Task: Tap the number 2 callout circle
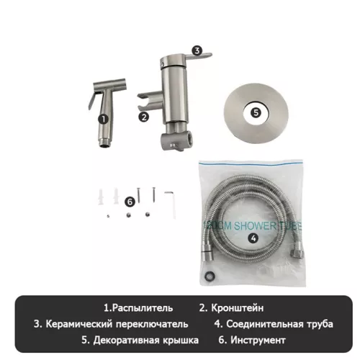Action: click(x=144, y=116)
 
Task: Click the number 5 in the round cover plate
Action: click(x=256, y=112)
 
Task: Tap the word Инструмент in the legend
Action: click(x=256, y=339)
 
